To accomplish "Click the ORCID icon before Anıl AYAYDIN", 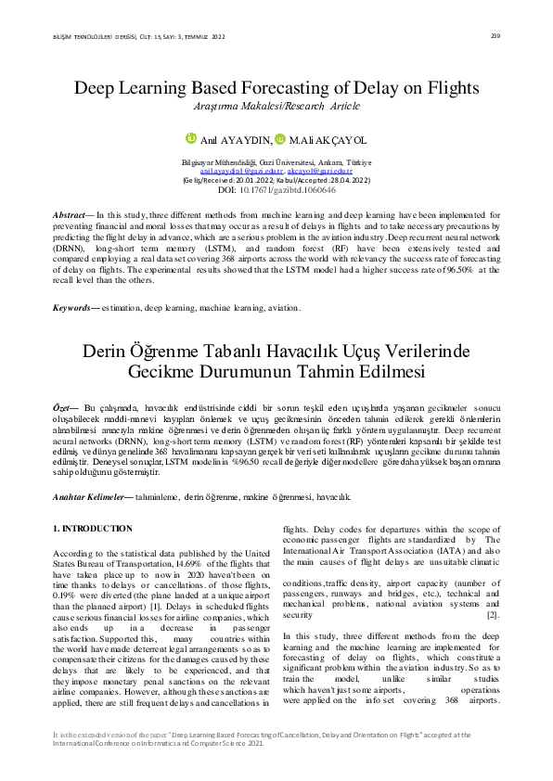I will (x=192, y=138).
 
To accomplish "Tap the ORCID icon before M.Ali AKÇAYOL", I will (x=280, y=138).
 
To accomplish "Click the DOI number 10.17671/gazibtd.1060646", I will (x=289, y=189).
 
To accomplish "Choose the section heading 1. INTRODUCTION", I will (x=92, y=528).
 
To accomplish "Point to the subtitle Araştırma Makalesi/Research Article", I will (x=276, y=107).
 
